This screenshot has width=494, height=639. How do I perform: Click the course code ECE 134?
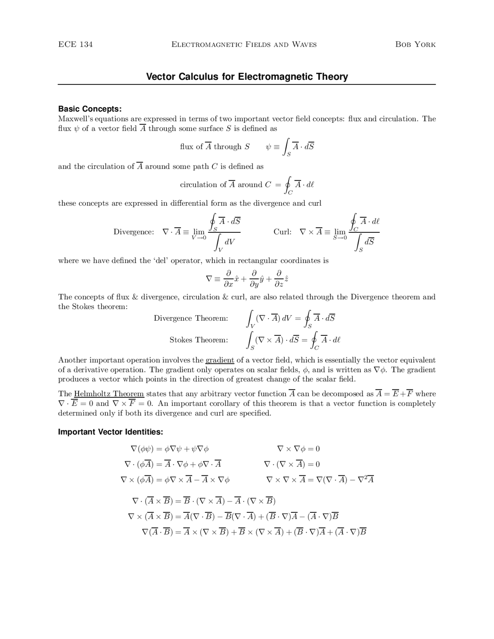75,44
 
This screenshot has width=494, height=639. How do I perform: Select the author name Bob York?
415,44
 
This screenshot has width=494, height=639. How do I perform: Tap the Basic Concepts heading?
90,109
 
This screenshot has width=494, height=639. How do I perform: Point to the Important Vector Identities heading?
110,432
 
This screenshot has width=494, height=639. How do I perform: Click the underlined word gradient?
220,360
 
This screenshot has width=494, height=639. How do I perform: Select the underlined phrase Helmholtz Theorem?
109,394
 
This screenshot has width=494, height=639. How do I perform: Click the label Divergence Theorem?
191,318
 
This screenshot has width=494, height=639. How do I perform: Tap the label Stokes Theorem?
198,340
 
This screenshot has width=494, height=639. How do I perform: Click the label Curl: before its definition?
282,232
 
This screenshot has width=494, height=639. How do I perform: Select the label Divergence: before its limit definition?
133,232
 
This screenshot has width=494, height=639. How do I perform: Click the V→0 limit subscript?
199,238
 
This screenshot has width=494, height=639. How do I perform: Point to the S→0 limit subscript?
340,238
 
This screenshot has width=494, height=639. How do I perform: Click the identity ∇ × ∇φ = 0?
298,449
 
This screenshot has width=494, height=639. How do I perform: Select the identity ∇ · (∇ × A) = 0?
292,464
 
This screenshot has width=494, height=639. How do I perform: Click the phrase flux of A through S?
215,147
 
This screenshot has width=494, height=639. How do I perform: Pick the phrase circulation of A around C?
225,185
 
